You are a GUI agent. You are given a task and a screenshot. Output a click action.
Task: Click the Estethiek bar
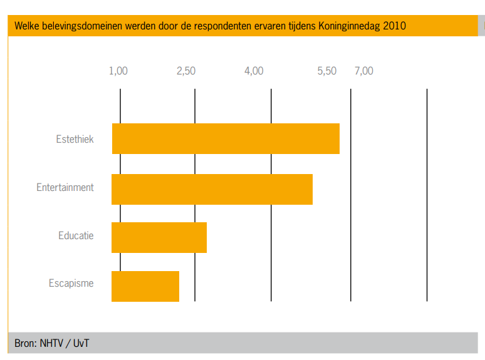pyautogui.click(x=226, y=138)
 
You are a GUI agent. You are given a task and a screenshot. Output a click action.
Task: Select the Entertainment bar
pyautogui.click(x=212, y=189)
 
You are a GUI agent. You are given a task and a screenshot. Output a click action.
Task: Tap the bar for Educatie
pyautogui.click(x=159, y=237)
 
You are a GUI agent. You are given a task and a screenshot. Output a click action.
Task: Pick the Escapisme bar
pyautogui.click(x=145, y=286)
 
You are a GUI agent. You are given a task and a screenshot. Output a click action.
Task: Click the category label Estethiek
pyautogui.click(x=75, y=139)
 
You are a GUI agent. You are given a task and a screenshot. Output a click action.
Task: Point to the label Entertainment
pyautogui.click(x=65, y=187)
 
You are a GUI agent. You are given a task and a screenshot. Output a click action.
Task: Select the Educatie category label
pyautogui.click(x=76, y=235)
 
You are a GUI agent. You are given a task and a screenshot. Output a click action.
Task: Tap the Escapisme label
pyautogui.click(x=71, y=283)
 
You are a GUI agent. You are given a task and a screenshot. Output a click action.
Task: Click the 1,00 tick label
pyautogui.click(x=118, y=71)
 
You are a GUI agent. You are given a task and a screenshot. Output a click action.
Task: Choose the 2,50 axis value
pyautogui.click(x=186, y=71)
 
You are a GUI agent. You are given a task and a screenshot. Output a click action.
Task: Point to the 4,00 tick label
pyautogui.click(x=254, y=71)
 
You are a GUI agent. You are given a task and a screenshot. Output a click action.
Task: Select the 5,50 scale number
pyautogui.click(x=326, y=71)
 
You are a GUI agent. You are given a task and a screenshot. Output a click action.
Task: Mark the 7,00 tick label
pyautogui.click(x=364, y=71)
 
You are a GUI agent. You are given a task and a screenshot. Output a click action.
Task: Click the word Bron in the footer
pyautogui.click(x=25, y=342)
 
